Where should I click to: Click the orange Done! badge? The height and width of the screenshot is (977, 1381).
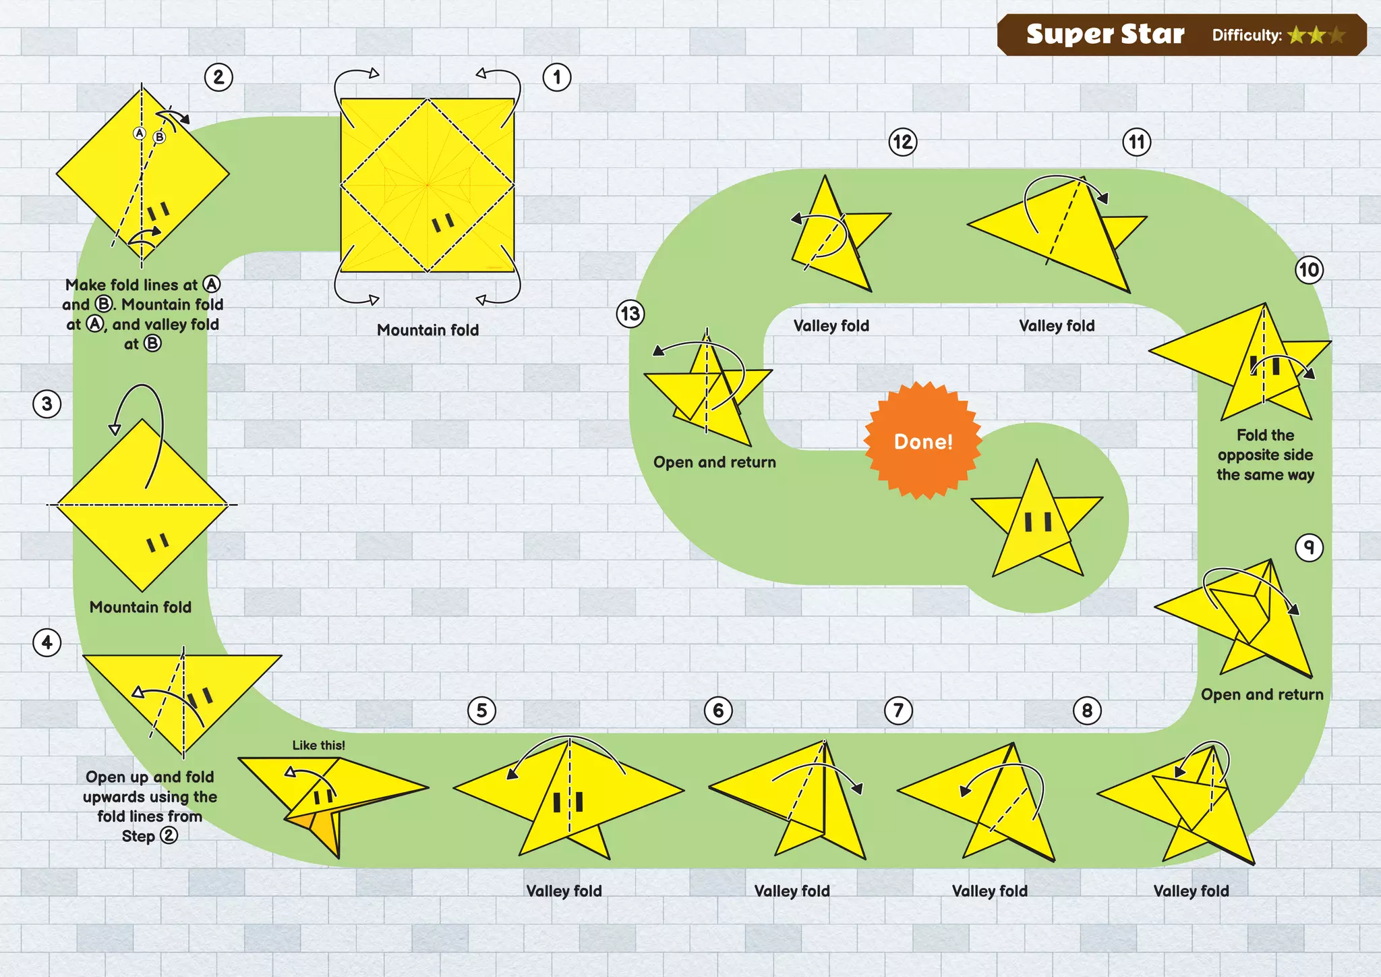(x=923, y=441)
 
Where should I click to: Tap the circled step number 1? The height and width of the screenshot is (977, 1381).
(x=557, y=78)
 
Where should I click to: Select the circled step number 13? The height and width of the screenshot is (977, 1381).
(x=630, y=314)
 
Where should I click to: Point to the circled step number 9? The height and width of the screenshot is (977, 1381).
(x=1309, y=547)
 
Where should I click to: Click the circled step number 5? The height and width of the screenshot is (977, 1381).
(x=481, y=710)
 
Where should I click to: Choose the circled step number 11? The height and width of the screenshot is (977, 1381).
(x=1137, y=142)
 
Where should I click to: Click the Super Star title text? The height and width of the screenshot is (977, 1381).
(x=1105, y=34)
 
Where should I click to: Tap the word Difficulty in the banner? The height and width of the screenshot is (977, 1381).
(x=1246, y=35)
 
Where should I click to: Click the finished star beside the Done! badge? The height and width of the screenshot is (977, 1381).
(x=1037, y=523)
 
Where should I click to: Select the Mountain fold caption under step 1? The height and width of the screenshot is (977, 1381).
(x=428, y=330)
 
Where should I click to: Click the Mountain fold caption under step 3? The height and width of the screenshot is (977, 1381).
(x=140, y=607)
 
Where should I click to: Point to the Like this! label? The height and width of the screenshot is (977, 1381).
(x=318, y=746)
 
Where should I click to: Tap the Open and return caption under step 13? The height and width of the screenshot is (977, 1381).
(x=715, y=462)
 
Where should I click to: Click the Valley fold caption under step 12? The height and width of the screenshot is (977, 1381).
(x=831, y=326)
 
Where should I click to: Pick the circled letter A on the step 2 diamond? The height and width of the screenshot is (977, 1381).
(x=140, y=133)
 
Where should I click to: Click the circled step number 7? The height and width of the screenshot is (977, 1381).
(x=898, y=710)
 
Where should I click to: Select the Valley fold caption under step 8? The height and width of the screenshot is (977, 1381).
(x=1191, y=891)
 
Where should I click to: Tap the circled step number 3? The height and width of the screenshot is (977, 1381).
(x=47, y=404)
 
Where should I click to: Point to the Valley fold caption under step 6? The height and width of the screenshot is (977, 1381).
(x=792, y=891)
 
